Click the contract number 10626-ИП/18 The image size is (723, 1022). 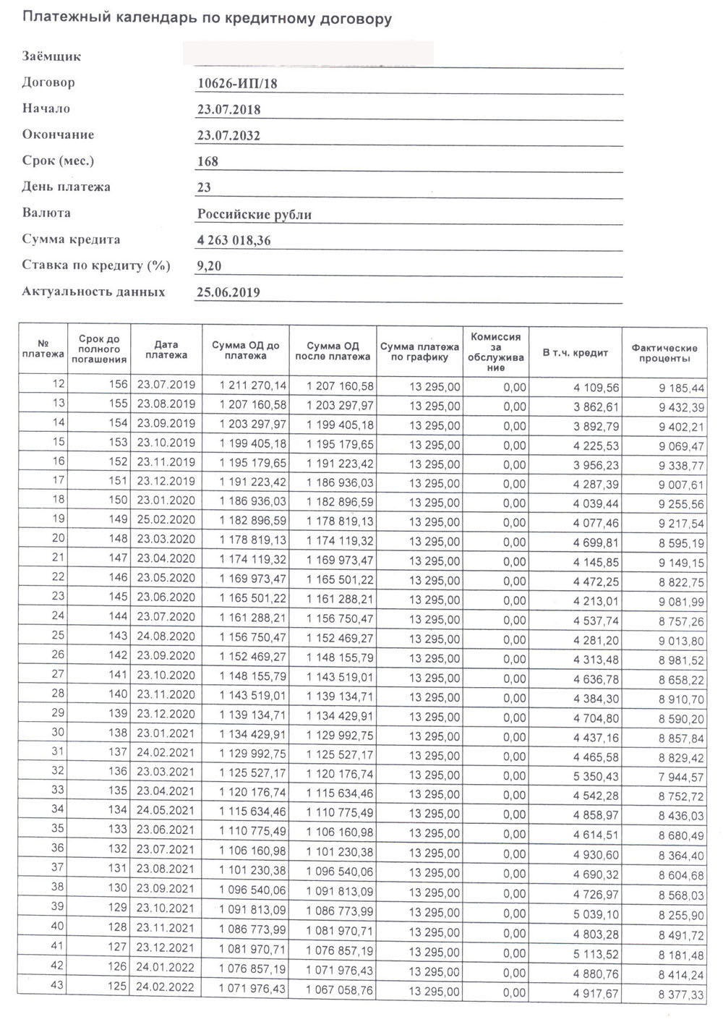point(237,84)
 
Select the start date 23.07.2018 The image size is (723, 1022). point(228,110)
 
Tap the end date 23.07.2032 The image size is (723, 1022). point(228,136)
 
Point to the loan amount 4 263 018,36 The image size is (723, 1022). point(234,240)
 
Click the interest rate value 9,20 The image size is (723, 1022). point(209,266)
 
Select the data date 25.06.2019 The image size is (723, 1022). point(228,292)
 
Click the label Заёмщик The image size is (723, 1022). point(51,56)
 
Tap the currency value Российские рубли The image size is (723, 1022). point(254,214)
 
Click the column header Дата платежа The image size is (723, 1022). point(166,350)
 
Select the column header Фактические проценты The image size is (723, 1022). point(664,354)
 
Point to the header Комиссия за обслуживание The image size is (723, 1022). point(495,352)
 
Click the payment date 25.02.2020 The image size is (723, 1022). point(166,521)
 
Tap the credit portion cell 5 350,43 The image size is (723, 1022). point(595,775)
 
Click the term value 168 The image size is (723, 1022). point(208,162)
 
